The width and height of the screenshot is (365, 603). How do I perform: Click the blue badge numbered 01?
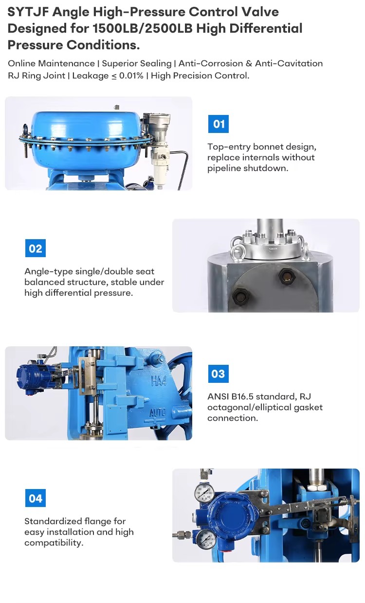click(218, 124)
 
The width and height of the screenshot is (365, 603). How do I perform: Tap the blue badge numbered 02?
click(35, 248)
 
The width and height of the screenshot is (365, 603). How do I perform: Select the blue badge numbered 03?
click(218, 374)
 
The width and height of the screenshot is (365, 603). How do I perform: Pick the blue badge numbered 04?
click(35, 498)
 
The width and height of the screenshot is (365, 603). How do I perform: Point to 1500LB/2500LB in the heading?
click(143, 29)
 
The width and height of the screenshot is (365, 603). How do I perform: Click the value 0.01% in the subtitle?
click(131, 75)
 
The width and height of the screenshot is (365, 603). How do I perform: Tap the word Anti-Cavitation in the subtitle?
click(289, 63)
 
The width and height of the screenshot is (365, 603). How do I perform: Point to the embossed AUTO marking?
click(158, 413)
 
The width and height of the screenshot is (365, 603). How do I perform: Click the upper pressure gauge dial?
click(204, 492)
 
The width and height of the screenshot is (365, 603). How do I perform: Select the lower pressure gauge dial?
click(206, 540)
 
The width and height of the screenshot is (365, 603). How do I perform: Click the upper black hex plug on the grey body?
click(286, 276)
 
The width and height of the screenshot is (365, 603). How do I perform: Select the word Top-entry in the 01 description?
click(229, 147)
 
